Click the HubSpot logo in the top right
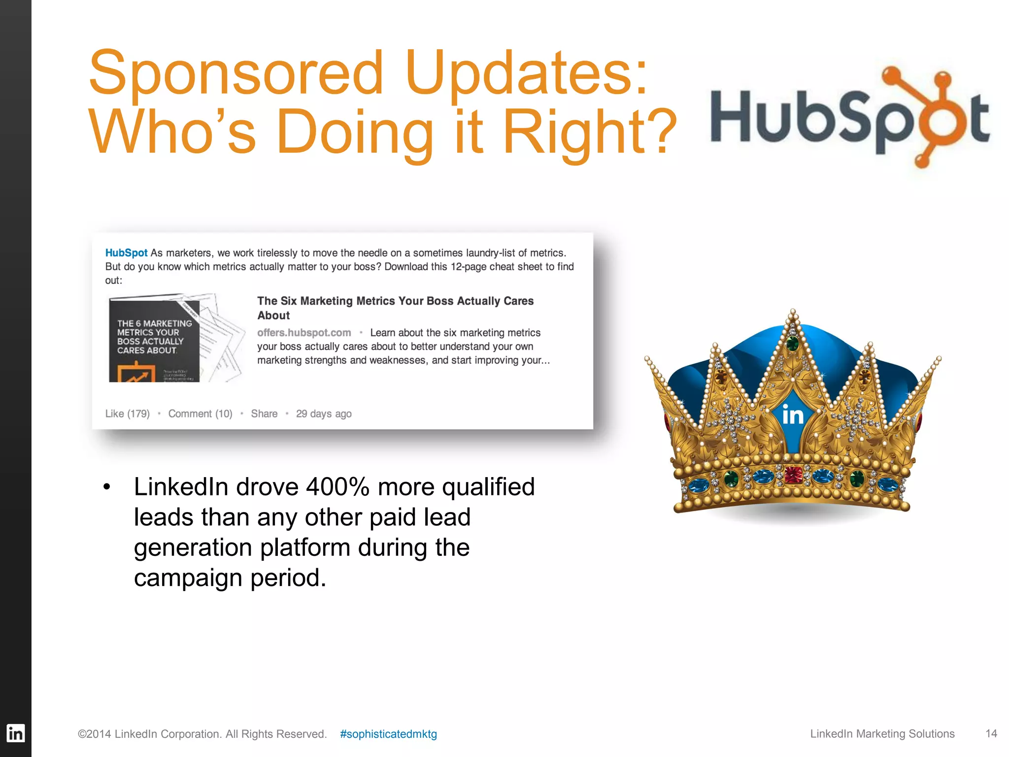click(849, 118)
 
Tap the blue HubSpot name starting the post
click(126, 253)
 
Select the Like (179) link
click(127, 413)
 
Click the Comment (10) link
click(200, 413)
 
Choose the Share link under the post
click(264, 413)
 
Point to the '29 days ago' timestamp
click(324, 413)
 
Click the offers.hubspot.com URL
click(304, 333)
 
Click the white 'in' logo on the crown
click(793, 415)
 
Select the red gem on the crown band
click(793, 475)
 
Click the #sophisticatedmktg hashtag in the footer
click(388, 734)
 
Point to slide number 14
click(991, 733)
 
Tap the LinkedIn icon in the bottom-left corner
click(15, 733)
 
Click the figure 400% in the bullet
click(337, 487)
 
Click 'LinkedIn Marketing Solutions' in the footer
click(882, 734)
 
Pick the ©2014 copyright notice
click(202, 734)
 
